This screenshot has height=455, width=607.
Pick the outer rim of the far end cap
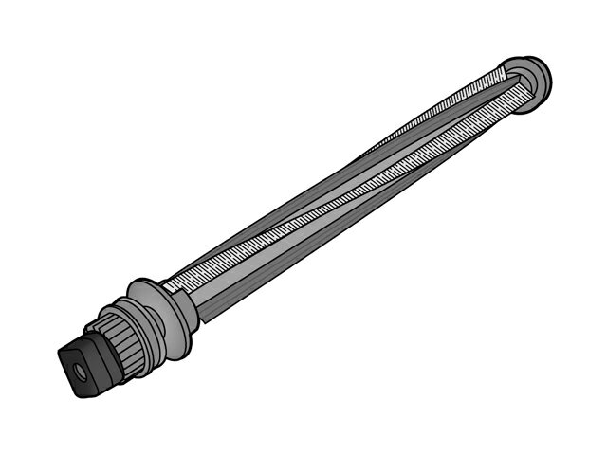544,72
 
